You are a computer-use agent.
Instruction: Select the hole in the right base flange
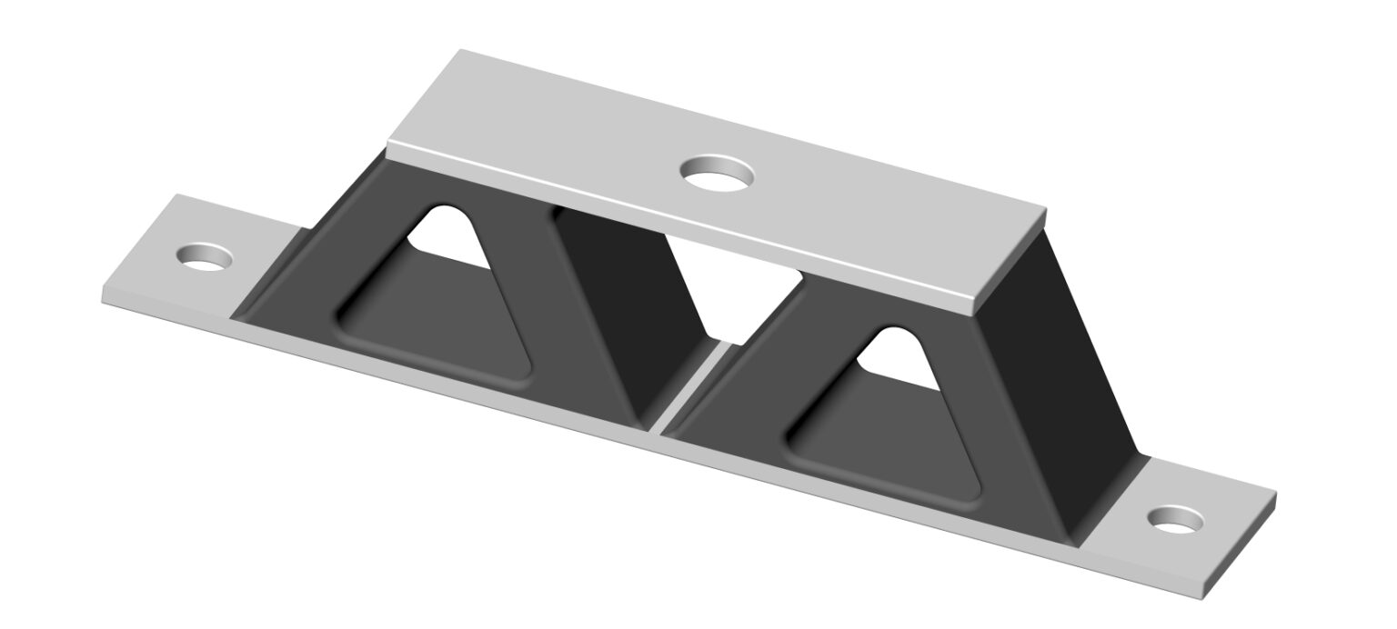coord(1175,519)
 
